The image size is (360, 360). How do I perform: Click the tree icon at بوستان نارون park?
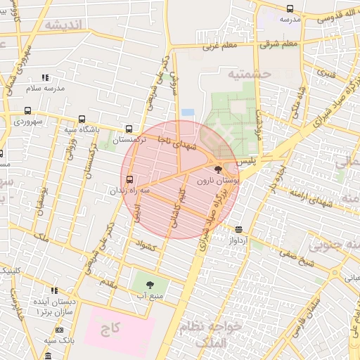click(217, 169)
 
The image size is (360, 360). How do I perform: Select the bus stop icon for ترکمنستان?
click(128, 129)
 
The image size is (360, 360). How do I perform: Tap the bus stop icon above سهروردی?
click(27, 110)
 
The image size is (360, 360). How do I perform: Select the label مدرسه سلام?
click(46, 89)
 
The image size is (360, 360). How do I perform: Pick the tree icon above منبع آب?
click(150, 285)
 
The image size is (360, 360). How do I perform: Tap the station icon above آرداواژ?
click(239, 229)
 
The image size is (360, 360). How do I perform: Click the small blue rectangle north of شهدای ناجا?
click(188, 112)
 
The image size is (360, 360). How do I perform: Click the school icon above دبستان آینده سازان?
click(54, 290)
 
